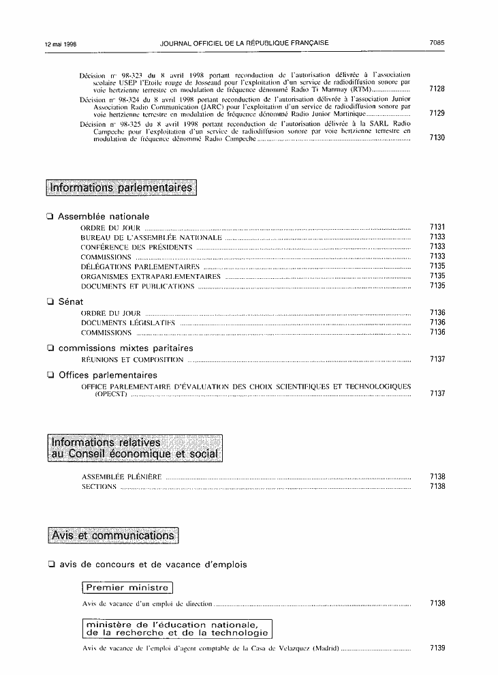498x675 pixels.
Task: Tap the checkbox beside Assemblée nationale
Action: click(50, 216)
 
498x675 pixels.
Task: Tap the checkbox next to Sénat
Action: click(50, 301)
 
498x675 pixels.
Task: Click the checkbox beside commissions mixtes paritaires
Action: click(50, 348)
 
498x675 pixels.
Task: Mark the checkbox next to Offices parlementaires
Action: click(50, 375)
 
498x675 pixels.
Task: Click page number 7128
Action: click(437, 89)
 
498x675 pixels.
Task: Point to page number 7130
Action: click(437, 138)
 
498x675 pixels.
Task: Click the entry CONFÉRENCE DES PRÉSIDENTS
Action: click(136, 247)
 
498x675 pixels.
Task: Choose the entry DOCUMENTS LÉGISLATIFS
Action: click(128, 322)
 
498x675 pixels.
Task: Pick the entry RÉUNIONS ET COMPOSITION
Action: click(132, 359)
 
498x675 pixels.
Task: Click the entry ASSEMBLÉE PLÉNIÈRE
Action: click(121, 477)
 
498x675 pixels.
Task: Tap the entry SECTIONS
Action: click(99, 487)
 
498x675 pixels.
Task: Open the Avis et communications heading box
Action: click(113, 536)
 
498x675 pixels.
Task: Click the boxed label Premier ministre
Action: click(127, 587)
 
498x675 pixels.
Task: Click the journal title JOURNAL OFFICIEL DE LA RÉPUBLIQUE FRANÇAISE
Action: click(244, 43)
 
